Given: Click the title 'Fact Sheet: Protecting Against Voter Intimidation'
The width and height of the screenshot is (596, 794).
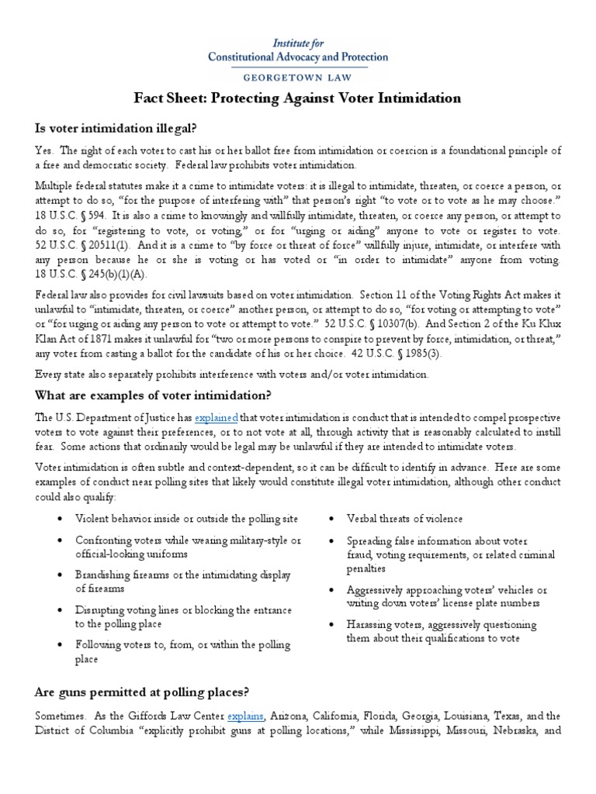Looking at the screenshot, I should tap(298, 98).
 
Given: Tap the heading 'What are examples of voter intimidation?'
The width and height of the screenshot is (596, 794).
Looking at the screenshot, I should tap(153, 395).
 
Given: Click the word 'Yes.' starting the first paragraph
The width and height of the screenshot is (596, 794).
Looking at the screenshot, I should tap(44, 150).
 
